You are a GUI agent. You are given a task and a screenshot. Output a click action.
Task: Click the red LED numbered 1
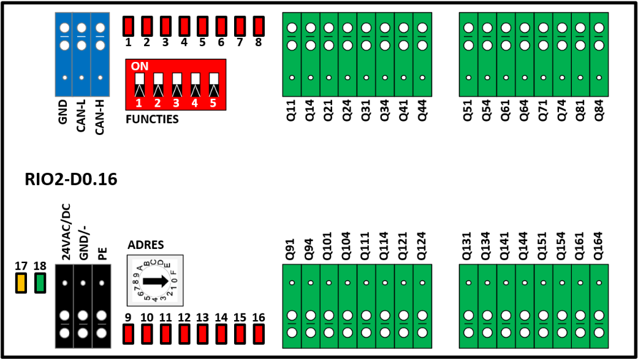[x=128, y=26]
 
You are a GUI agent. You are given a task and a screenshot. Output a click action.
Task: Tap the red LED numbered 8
[x=259, y=26]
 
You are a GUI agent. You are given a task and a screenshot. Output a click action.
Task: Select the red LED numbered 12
[x=184, y=334]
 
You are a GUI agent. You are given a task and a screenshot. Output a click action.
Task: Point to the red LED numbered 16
[x=259, y=334]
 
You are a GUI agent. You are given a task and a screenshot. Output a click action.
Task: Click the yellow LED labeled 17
[x=21, y=283]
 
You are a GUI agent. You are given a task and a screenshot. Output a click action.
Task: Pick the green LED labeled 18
[x=40, y=283]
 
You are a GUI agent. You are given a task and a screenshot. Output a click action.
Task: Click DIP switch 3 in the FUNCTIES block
[x=177, y=85]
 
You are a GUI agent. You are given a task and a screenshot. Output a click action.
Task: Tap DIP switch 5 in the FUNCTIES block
[x=214, y=85]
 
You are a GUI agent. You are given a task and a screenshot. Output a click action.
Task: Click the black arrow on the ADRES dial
[x=156, y=281]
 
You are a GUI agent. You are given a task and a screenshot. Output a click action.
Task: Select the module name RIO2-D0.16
[x=71, y=179]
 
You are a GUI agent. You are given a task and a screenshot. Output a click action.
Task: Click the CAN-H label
[x=100, y=117]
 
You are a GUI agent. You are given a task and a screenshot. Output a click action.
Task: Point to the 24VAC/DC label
[x=66, y=232]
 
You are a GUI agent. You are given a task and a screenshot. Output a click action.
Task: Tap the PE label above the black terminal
[x=102, y=254]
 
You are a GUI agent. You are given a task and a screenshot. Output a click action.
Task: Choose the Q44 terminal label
[x=422, y=110]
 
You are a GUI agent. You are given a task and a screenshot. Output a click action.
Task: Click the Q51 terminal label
[x=468, y=110]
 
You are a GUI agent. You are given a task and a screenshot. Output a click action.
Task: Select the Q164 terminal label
[x=599, y=246]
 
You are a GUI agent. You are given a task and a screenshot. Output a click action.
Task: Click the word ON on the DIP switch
[x=140, y=66]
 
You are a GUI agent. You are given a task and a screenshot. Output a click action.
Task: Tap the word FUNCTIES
[x=152, y=119]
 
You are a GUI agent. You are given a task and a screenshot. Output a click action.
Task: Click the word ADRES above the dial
[x=146, y=245]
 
